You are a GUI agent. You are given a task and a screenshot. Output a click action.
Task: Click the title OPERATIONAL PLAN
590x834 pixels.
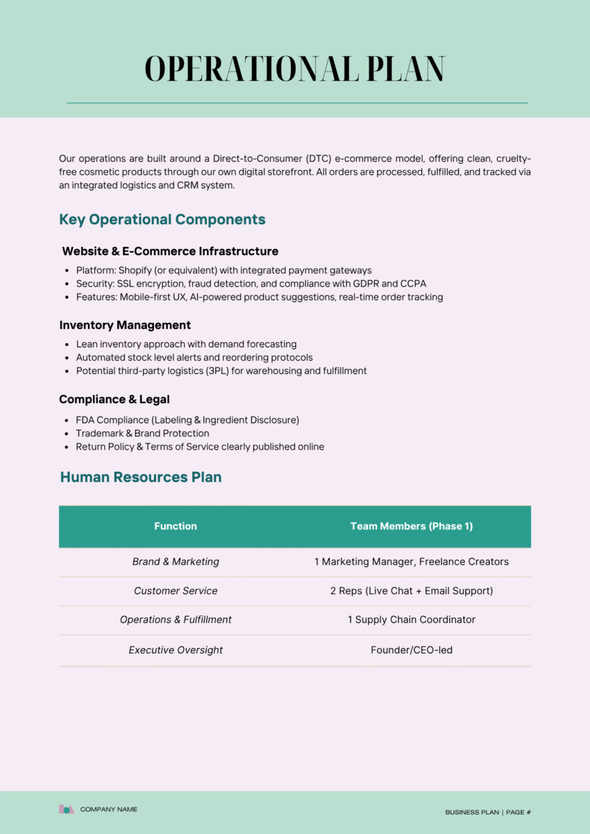pos(294,69)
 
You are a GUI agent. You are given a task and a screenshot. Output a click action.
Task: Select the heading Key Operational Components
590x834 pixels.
pos(162,219)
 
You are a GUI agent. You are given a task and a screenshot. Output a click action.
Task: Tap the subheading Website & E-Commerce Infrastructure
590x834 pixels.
pos(170,251)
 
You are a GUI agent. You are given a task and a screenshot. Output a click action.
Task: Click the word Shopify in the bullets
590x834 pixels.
pos(136,270)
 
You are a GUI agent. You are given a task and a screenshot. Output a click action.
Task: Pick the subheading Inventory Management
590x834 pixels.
pos(125,325)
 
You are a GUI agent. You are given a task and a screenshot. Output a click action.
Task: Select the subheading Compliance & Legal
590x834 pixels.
pos(115,399)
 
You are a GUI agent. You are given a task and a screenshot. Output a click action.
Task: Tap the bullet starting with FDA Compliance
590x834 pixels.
pos(187,420)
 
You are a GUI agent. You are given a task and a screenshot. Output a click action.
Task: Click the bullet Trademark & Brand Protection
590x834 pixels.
pos(142,433)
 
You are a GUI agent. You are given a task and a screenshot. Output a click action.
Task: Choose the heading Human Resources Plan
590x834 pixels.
pos(141,477)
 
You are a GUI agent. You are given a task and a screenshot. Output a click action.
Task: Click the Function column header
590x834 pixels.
pos(176,526)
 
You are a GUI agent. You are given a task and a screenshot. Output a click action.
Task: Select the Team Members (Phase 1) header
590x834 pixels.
pos(412,526)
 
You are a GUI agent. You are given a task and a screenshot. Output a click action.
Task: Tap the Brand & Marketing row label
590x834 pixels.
pos(176,561)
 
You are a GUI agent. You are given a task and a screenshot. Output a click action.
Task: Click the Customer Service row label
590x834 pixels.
pos(176,590)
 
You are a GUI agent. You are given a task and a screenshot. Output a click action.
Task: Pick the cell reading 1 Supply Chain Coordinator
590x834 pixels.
pos(412,620)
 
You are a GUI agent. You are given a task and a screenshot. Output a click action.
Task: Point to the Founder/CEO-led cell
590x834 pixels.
pos(412,650)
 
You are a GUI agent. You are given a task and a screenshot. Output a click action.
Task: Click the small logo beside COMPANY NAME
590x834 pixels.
pos(67,809)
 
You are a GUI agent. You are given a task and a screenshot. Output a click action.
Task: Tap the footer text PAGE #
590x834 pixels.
pos(519,812)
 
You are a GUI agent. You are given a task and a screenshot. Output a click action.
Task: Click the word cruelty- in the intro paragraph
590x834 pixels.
pos(514,159)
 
